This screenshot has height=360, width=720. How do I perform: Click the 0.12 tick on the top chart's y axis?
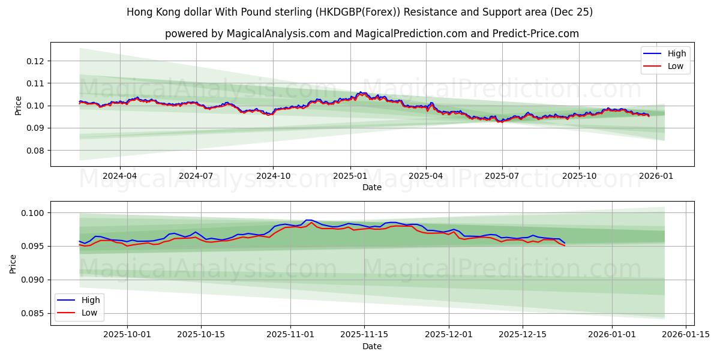pyautogui.click(x=35, y=61)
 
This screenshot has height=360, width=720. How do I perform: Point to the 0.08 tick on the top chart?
pyautogui.click(x=35, y=151)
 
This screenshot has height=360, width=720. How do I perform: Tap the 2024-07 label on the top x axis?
pyautogui.click(x=196, y=176)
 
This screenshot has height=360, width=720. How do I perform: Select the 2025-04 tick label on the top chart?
pyautogui.click(x=426, y=176)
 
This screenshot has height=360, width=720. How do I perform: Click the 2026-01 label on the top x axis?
pyautogui.click(x=656, y=176)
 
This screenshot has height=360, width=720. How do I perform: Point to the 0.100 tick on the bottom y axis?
pyautogui.click(x=33, y=213)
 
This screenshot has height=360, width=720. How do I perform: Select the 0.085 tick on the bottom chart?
pyautogui.click(x=33, y=313)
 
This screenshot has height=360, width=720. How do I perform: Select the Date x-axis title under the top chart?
pyautogui.click(x=372, y=187)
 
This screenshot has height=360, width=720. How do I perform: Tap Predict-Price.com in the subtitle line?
pyautogui.click(x=536, y=34)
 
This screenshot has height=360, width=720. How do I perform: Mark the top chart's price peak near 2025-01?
pyautogui.click(x=361, y=92)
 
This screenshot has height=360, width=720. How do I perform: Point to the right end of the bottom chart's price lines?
pyautogui.click(x=564, y=244)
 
